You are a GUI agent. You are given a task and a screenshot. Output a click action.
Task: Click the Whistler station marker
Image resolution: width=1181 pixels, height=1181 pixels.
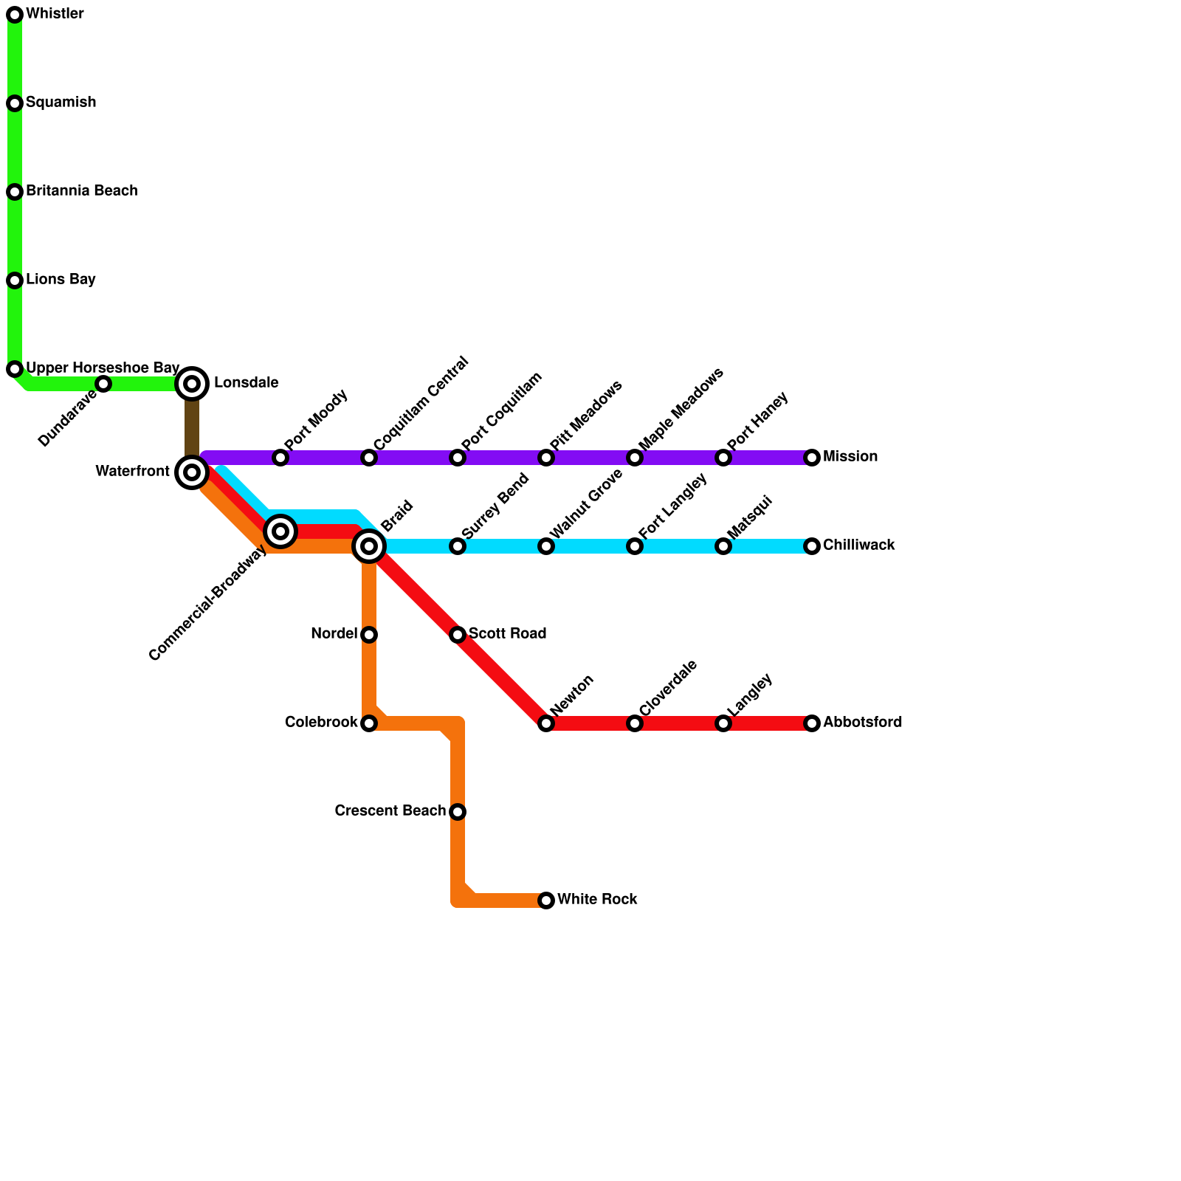click(x=15, y=15)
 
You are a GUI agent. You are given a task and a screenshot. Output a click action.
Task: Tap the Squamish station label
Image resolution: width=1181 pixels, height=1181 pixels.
click(x=61, y=103)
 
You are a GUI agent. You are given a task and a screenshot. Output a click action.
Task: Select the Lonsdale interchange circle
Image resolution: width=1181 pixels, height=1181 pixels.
click(x=192, y=384)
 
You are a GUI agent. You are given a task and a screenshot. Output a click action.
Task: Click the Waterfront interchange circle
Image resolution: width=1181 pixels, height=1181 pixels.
click(x=192, y=472)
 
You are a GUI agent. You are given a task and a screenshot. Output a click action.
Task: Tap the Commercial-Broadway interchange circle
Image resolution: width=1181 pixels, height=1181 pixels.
click(x=280, y=531)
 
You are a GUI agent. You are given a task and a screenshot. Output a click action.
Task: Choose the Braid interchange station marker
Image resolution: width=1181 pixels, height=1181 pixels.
click(x=369, y=546)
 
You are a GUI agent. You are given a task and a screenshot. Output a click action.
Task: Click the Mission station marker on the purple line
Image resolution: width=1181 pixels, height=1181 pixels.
click(x=812, y=458)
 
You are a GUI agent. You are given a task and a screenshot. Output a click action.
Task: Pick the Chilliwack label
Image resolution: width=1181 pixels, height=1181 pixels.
click(x=858, y=545)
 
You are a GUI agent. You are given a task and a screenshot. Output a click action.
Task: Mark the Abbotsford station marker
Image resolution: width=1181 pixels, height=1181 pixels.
click(x=812, y=723)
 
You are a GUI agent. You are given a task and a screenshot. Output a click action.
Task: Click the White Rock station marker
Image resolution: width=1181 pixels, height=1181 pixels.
click(x=546, y=901)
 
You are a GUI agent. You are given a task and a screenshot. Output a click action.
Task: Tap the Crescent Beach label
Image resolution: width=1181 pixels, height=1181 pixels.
click(x=390, y=811)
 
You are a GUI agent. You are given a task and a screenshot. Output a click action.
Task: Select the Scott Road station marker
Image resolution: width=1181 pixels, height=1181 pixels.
click(x=458, y=635)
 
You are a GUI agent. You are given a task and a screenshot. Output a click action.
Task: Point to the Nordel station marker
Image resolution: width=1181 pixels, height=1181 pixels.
click(x=369, y=635)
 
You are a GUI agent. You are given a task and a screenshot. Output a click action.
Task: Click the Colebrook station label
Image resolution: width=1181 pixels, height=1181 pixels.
click(x=321, y=723)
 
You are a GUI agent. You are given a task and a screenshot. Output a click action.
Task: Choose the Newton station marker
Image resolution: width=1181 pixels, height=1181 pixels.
click(x=546, y=723)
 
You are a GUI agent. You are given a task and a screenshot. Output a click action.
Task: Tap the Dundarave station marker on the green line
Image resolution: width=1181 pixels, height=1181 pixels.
click(x=103, y=384)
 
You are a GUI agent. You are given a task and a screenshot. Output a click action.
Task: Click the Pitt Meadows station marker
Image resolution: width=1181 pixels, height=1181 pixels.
click(x=546, y=458)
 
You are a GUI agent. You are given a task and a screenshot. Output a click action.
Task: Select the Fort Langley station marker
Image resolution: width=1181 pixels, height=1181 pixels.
click(x=635, y=546)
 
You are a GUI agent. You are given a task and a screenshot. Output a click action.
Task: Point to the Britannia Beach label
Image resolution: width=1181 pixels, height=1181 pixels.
click(x=81, y=191)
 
